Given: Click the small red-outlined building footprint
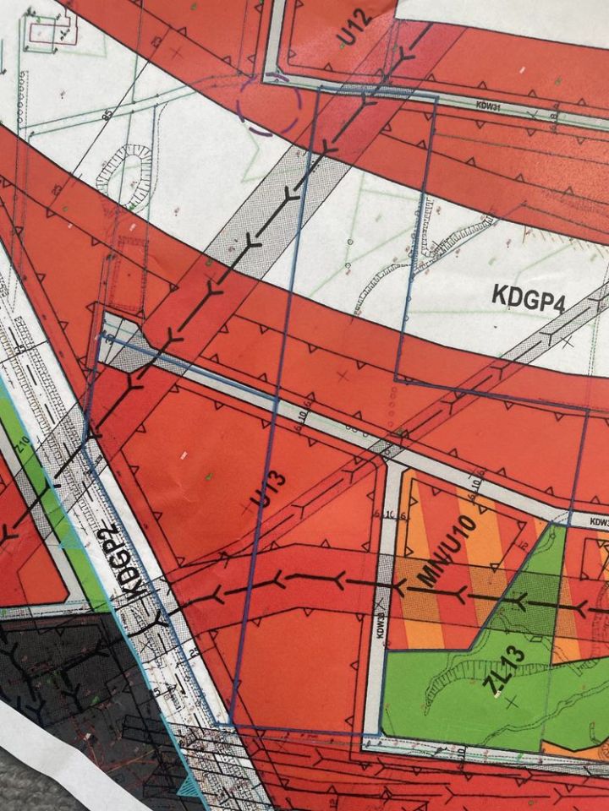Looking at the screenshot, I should (x=43, y=31).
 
